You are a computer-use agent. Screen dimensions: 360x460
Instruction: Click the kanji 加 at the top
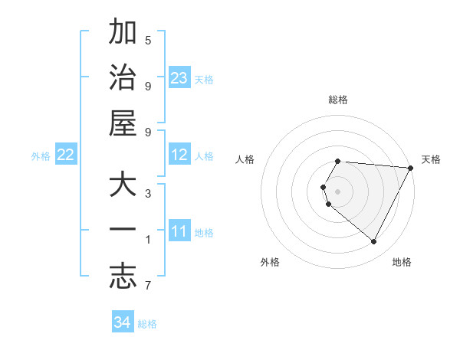point(123,34)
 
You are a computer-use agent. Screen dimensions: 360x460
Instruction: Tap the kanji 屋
point(123,123)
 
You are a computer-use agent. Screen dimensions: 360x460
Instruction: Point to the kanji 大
point(123,186)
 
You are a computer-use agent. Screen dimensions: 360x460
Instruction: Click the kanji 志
point(123,275)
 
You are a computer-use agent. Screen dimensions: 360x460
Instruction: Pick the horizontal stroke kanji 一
point(123,231)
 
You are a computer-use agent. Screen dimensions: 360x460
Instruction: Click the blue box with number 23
point(179,77)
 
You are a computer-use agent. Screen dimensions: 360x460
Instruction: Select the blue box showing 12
point(179,155)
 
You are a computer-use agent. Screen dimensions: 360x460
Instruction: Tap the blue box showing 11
point(179,231)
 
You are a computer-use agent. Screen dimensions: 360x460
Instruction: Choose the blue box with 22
point(66,155)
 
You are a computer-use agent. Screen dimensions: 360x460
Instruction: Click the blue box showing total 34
point(123,322)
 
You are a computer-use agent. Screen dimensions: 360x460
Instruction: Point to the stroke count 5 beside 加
point(149,40)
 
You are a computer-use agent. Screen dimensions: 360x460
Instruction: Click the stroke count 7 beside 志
point(148,286)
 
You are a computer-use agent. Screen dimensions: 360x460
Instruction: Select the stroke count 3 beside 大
point(148,193)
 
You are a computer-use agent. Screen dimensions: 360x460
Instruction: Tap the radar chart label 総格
point(338,100)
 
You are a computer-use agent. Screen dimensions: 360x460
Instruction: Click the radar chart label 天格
point(431,159)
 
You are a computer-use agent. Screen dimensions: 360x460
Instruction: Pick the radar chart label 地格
point(402,262)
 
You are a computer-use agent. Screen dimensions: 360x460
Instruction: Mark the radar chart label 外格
point(270,262)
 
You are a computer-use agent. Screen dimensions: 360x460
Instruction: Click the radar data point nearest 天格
point(411,168)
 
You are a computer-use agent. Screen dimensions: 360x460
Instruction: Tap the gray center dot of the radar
point(338,191)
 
